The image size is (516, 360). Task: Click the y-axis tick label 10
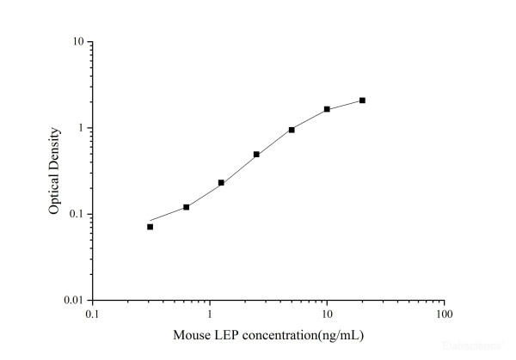pyautogui.click(x=77, y=42)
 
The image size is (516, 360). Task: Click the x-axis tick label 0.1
pyautogui.click(x=92, y=314)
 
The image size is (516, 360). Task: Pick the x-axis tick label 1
pyautogui.click(x=209, y=314)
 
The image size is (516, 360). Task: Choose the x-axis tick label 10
pyautogui.click(x=327, y=314)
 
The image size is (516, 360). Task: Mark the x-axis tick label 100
pyautogui.click(x=444, y=314)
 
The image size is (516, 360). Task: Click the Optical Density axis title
pyautogui.click(x=54, y=171)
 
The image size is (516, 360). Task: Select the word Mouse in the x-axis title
pyautogui.click(x=192, y=333)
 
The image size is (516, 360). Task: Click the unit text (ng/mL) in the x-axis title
pyautogui.click(x=338, y=333)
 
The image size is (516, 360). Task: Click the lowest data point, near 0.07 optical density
pyautogui.click(x=150, y=227)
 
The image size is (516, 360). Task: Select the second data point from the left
pyautogui.click(x=186, y=207)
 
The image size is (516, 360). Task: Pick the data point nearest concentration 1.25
pyautogui.click(x=221, y=183)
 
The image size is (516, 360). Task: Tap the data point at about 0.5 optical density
pyautogui.click(x=256, y=155)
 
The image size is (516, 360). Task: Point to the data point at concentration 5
pyautogui.click(x=292, y=130)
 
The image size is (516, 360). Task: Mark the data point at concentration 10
pyautogui.click(x=327, y=109)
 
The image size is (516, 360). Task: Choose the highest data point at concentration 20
pyautogui.click(x=362, y=101)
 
